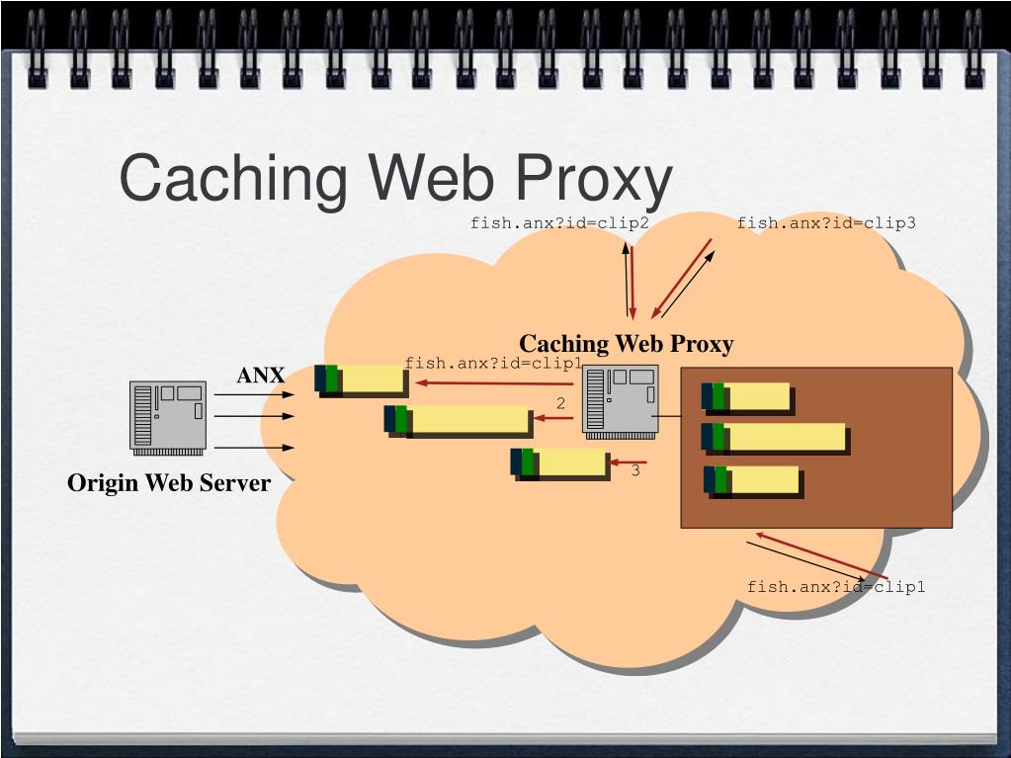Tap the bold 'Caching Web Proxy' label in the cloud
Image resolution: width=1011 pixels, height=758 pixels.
[x=627, y=344]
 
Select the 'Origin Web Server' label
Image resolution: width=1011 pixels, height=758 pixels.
[x=169, y=483]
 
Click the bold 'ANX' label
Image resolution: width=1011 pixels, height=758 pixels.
[x=261, y=375]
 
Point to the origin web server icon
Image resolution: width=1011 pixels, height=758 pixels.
[x=168, y=418]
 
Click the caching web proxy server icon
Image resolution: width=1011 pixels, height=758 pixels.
[x=621, y=401]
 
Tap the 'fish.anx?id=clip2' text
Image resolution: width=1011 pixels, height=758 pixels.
[x=559, y=223]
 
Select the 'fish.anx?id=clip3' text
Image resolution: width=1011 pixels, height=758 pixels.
[x=826, y=223]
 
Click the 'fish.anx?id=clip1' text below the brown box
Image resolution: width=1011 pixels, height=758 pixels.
[x=836, y=587]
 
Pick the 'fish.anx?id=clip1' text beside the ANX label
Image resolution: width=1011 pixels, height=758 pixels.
[x=493, y=363]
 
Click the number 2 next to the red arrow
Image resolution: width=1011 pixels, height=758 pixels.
[x=560, y=403]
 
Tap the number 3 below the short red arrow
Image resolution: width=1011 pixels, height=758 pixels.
[x=635, y=470]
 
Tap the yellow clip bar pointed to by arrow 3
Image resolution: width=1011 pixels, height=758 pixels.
[x=558, y=463]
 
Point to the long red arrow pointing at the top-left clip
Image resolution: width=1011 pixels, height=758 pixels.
[x=494, y=383]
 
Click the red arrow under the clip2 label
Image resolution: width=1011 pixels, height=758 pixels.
[x=632, y=283]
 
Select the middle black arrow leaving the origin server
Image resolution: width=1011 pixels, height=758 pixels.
[x=254, y=416]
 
